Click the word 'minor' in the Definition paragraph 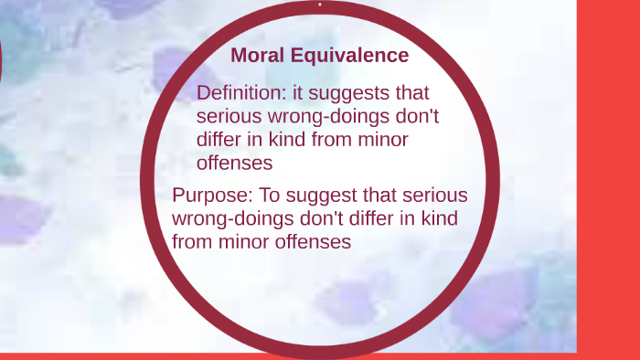[x=383, y=140]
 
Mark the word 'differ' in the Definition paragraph [x=219, y=140]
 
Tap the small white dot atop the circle [x=320, y=4]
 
